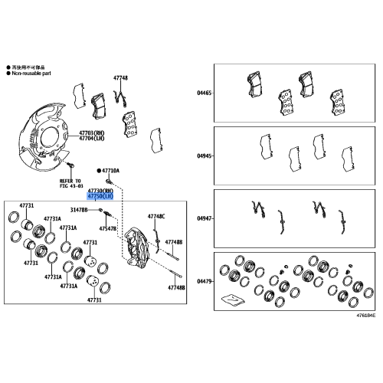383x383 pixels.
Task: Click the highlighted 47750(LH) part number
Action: [x=100, y=196]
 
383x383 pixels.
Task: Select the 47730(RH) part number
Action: [x=100, y=189]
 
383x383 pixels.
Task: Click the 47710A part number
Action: [x=110, y=172]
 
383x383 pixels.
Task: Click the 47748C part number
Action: [x=156, y=217]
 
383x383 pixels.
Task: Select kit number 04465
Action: [x=204, y=92]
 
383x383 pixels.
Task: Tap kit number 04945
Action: [x=204, y=155]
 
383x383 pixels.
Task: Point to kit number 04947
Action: [x=204, y=218]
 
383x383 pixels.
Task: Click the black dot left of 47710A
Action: [x=99, y=172]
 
